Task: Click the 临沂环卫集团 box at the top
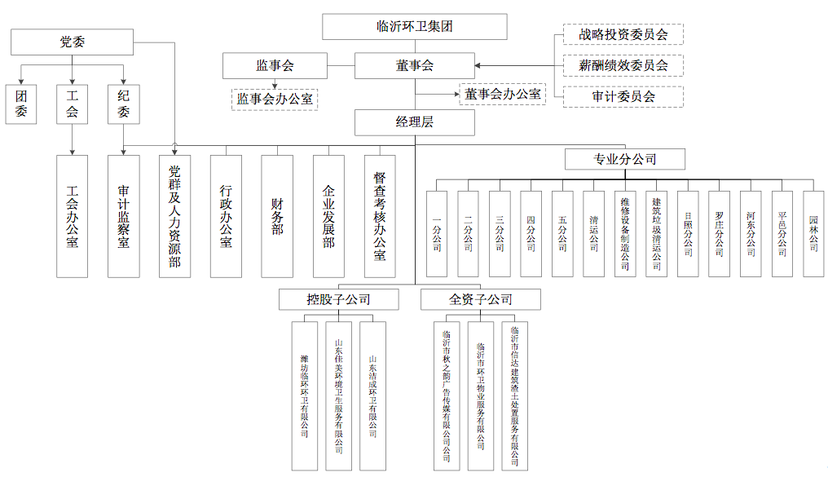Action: (x=415, y=26)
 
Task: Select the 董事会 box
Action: (x=415, y=65)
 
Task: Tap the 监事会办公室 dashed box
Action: (x=274, y=99)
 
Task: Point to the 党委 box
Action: (x=73, y=42)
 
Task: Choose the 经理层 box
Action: (x=415, y=123)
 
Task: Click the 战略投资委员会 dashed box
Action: (x=623, y=34)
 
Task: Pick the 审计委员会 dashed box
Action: (x=623, y=96)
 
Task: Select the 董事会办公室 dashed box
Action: (x=503, y=94)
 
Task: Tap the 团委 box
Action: (x=22, y=104)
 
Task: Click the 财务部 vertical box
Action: (x=277, y=216)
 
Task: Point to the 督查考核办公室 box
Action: (x=380, y=216)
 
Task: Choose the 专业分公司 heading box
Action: (x=625, y=159)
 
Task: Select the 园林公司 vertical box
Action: (x=813, y=232)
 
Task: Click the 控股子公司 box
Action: (x=338, y=299)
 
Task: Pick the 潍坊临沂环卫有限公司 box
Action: (x=304, y=395)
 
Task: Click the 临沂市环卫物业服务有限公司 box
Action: (x=481, y=395)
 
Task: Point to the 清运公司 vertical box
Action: (x=593, y=232)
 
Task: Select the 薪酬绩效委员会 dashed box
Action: (x=623, y=65)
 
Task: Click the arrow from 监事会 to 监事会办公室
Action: (x=275, y=82)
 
